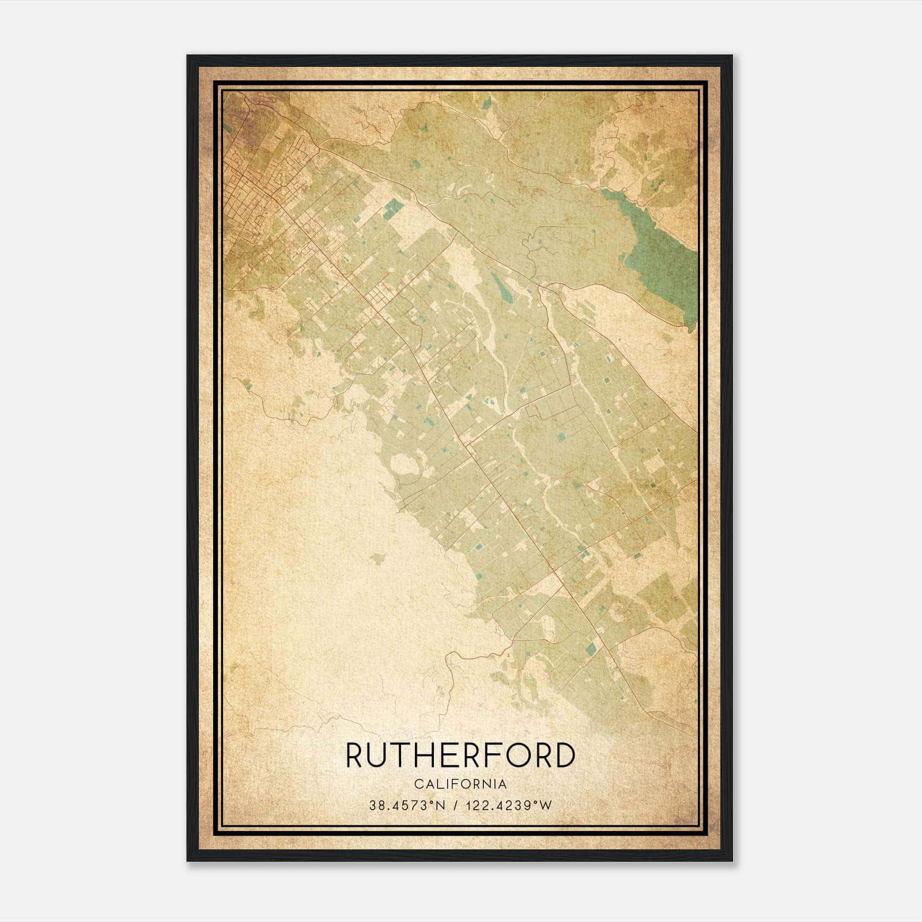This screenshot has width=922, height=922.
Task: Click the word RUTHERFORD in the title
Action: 460,755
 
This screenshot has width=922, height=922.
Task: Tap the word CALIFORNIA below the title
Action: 460,784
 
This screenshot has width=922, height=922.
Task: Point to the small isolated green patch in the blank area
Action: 377,557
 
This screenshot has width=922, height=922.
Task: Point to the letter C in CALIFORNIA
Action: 417,784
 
